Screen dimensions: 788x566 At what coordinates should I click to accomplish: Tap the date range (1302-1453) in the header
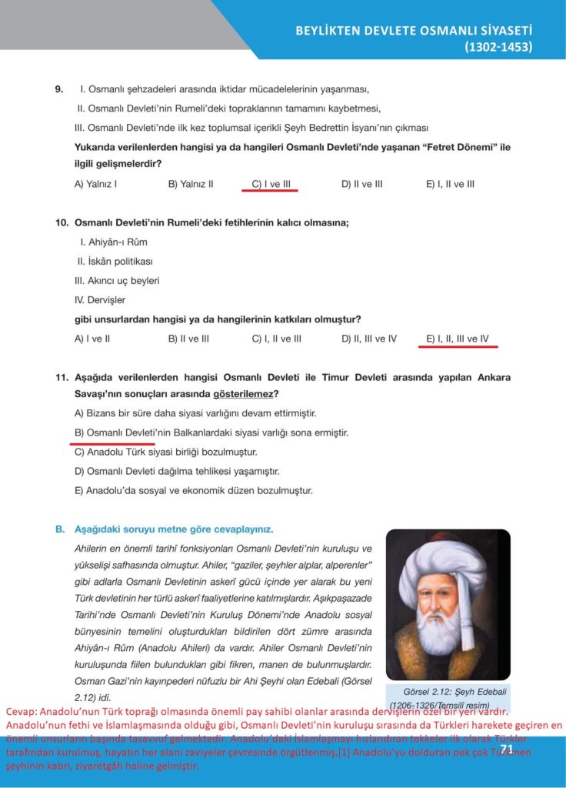(498, 48)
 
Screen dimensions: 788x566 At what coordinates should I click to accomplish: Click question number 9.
(59, 89)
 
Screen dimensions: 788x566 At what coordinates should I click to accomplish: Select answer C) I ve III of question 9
(274, 184)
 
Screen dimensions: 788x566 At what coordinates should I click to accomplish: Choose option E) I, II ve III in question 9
(450, 184)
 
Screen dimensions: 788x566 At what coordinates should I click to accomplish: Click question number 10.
(62, 222)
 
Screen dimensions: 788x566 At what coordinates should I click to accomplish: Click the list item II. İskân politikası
(115, 261)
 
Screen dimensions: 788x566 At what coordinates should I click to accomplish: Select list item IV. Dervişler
(100, 299)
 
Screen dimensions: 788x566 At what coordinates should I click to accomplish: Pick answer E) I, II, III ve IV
(458, 338)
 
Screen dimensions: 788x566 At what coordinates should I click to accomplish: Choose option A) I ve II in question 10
(92, 338)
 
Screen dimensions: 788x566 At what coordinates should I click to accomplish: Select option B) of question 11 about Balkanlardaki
(211, 432)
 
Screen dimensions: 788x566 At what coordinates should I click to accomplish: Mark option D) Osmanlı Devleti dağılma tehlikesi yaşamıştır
(176, 471)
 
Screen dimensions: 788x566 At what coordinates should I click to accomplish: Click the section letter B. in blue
(59, 529)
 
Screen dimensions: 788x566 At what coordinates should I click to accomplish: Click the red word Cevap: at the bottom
(21, 712)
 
